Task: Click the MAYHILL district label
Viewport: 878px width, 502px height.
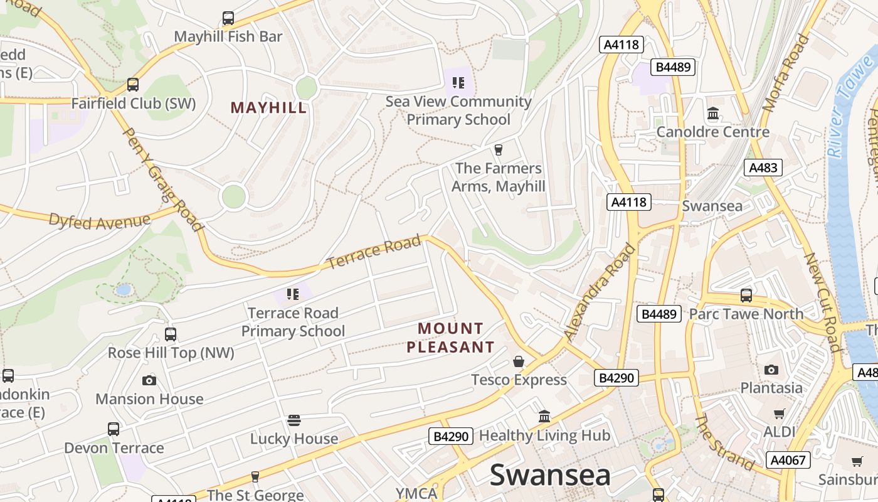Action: [x=268, y=107]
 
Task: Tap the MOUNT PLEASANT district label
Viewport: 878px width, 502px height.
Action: [x=450, y=338]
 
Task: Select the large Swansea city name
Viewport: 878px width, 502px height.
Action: [x=550, y=475]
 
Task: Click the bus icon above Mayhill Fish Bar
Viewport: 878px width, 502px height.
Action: [x=228, y=18]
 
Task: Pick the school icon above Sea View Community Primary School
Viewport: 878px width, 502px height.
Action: [x=458, y=83]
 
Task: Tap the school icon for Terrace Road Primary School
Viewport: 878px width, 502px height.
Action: [x=292, y=294]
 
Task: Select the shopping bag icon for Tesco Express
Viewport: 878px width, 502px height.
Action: [x=519, y=361]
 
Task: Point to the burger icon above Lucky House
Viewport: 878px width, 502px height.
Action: [x=294, y=420]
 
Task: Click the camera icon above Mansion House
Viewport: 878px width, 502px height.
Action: [x=149, y=380]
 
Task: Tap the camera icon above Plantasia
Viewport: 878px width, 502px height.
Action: [x=771, y=370]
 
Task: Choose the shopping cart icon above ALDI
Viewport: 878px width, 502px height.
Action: [x=779, y=414]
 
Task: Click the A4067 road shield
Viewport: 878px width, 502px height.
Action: [x=788, y=460]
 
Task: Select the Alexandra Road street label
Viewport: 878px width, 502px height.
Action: [x=600, y=292]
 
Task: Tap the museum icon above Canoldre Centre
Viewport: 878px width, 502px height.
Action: [x=713, y=114]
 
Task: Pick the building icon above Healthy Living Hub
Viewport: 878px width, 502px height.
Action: [x=544, y=417]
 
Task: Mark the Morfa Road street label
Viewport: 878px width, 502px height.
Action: [x=786, y=73]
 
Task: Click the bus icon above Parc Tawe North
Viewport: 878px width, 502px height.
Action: [x=746, y=296]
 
